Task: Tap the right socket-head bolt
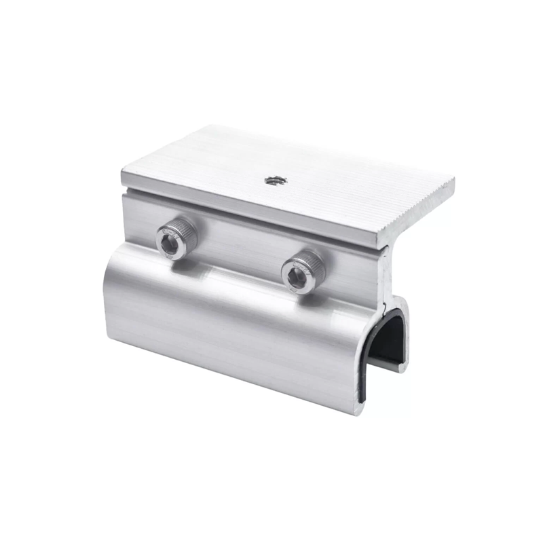click(303, 270)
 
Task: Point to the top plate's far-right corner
click(453, 181)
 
